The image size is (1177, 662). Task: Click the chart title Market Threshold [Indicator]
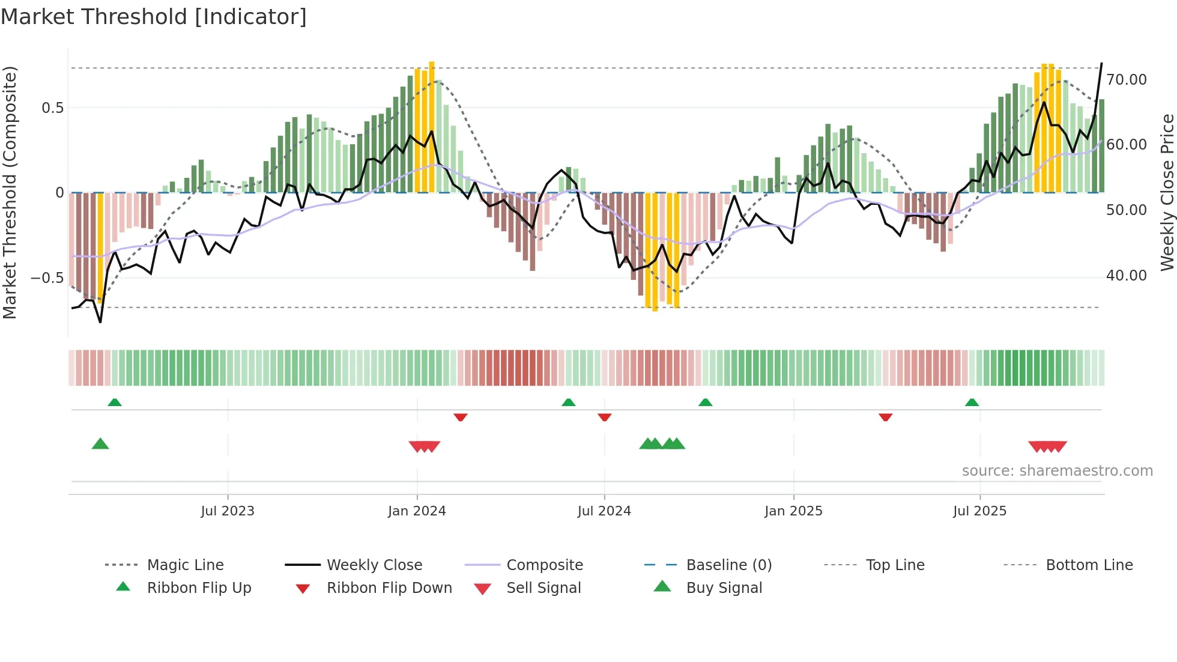(x=154, y=17)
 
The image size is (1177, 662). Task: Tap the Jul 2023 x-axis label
(x=228, y=511)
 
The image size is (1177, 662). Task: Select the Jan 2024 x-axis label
(x=417, y=511)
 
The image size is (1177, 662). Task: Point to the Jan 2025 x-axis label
(x=793, y=511)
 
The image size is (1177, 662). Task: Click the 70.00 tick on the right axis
(x=1127, y=80)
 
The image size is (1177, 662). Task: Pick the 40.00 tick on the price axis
(x=1127, y=276)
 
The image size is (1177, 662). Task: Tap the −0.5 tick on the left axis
(x=47, y=278)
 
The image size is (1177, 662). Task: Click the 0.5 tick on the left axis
(x=52, y=108)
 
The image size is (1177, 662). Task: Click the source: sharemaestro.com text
(x=1057, y=471)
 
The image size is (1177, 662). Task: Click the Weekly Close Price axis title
(x=1167, y=192)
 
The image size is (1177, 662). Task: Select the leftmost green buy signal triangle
(x=100, y=444)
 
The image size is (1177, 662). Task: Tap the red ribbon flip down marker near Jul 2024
(x=605, y=417)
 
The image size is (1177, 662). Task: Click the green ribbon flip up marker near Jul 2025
(x=972, y=402)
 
